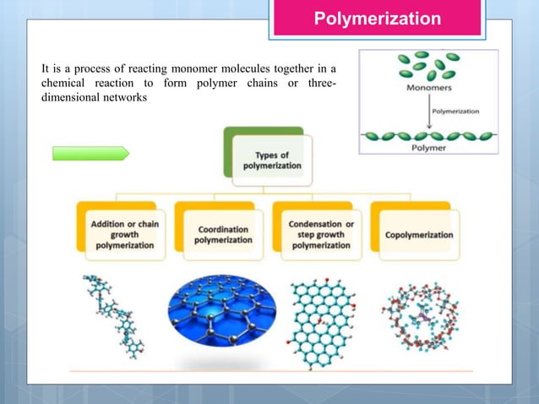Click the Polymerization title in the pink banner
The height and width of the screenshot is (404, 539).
pos(377,19)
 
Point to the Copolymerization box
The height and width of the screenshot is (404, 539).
pos(417,234)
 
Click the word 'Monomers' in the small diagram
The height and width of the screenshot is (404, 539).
pos(429,87)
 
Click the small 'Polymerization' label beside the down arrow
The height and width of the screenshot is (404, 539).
pos(455,111)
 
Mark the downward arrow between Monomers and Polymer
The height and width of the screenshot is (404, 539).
pos(428,112)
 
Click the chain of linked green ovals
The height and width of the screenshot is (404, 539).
pos(429,134)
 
